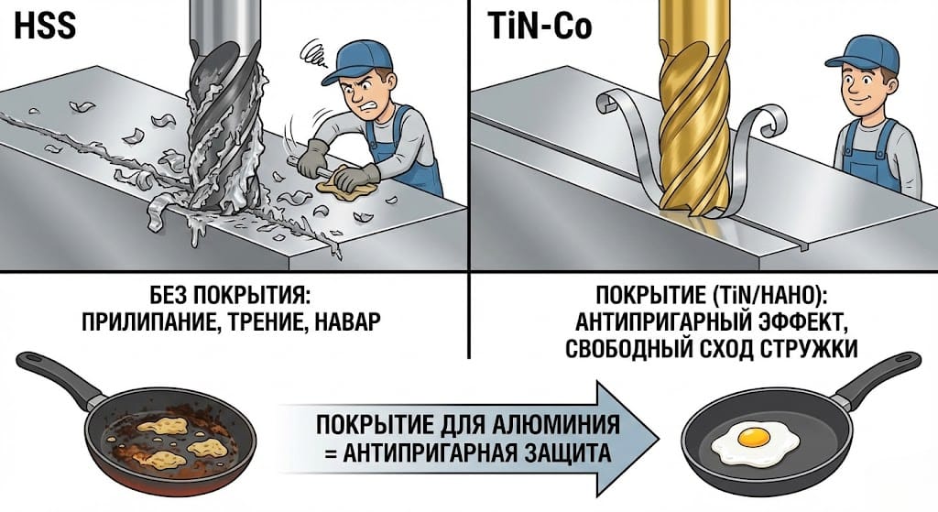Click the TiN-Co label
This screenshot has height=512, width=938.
click(x=532, y=27)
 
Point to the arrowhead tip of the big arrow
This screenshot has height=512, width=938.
click(x=658, y=439)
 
